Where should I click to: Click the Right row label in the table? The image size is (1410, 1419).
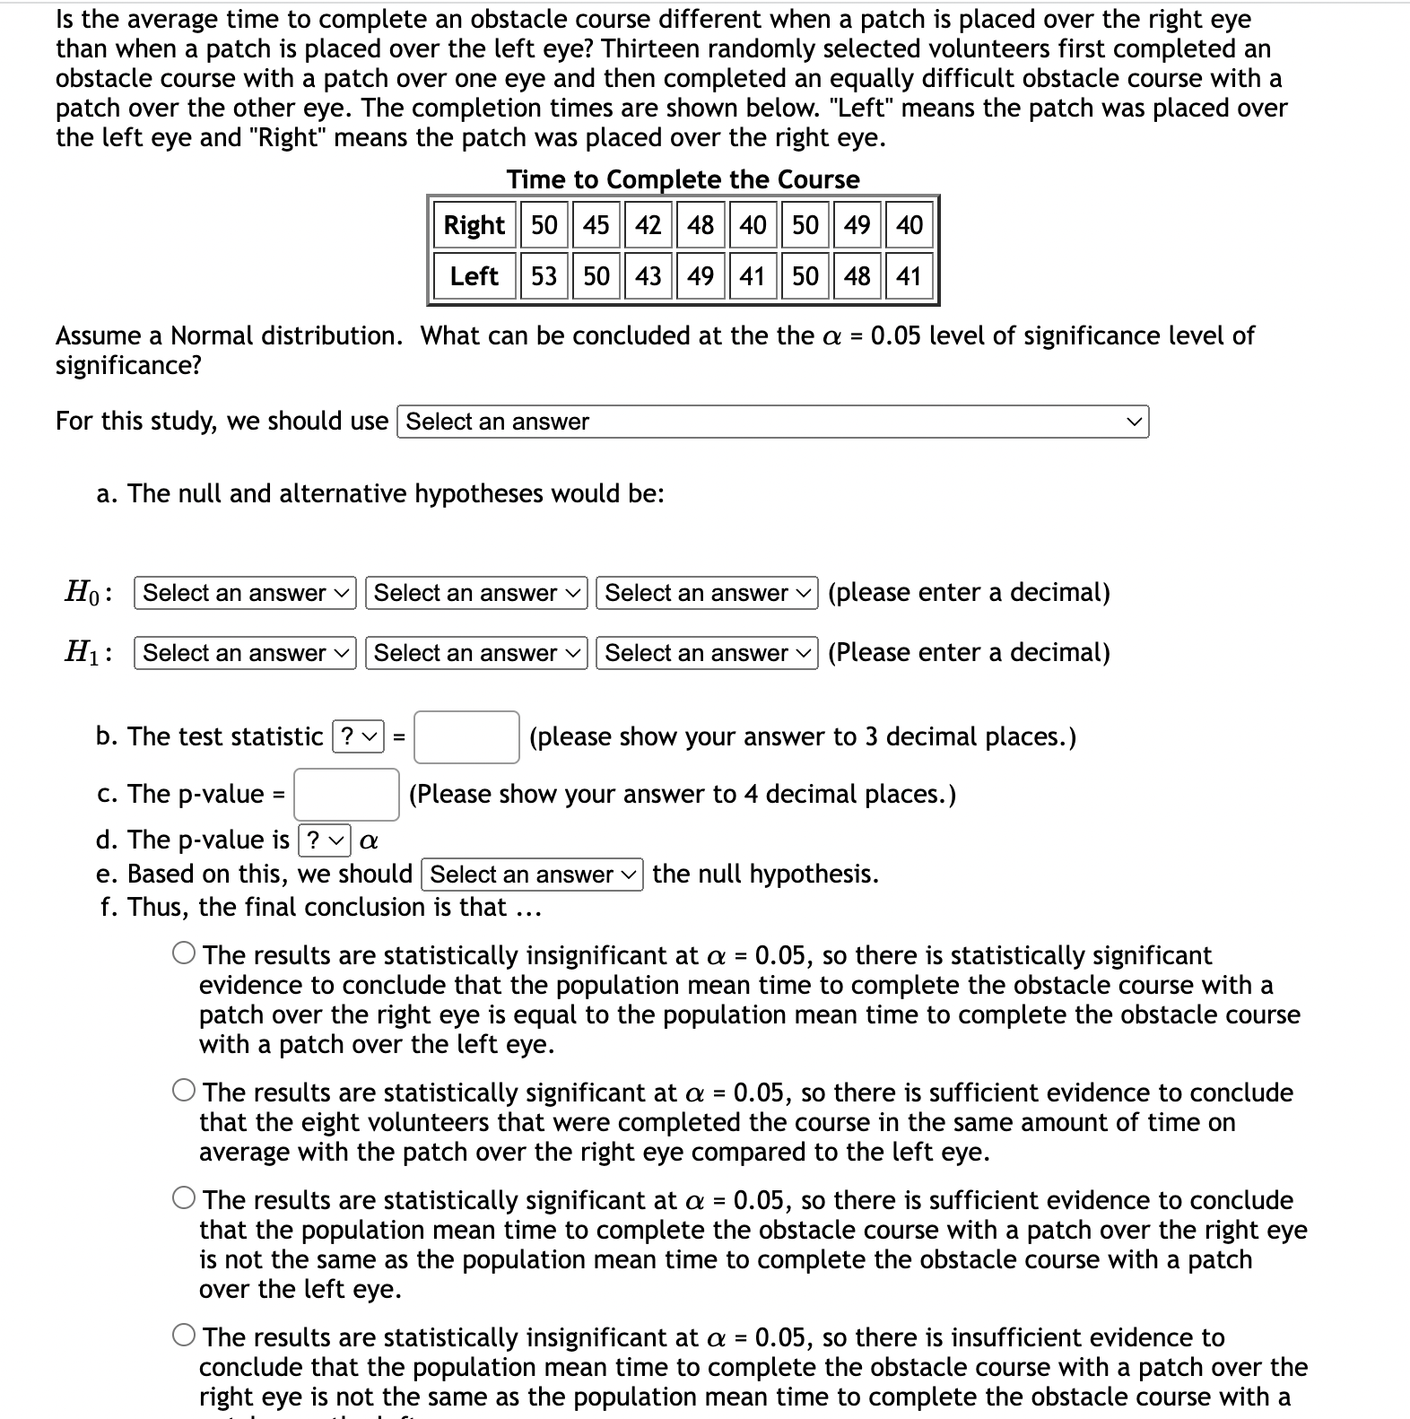click(x=474, y=224)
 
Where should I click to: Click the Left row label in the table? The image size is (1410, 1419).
click(x=474, y=276)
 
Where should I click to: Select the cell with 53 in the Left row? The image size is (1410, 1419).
click(x=544, y=276)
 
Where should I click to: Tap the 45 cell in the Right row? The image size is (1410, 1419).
click(x=596, y=224)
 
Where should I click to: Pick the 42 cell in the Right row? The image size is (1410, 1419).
click(x=648, y=224)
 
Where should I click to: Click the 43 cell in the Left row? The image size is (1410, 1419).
click(x=648, y=276)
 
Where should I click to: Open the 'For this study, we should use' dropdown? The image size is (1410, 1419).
click(x=772, y=422)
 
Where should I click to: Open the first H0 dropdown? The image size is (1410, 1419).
click(x=245, y=593)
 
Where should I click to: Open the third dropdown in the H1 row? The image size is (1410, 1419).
click(x=707, y=653)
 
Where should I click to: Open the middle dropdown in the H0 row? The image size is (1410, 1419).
click(x=476, y=593)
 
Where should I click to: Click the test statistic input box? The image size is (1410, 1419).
click(x=466, y=737)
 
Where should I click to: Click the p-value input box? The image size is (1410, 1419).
click(x=346, y=795)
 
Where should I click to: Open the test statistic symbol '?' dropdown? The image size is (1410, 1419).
click(x=358, y=737)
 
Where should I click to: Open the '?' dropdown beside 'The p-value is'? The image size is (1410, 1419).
click(x=323, y=840)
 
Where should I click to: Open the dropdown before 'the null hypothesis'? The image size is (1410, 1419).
click(x=532, y=875)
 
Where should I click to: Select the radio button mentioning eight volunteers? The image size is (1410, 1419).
click(x=184, y=1091)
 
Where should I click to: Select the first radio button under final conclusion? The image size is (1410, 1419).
click(x=184, y=953)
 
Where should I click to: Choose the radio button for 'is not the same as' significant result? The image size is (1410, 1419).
click(x=184, y=1198)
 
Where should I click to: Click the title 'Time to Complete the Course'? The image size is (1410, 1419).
click(x=683, y=179)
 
